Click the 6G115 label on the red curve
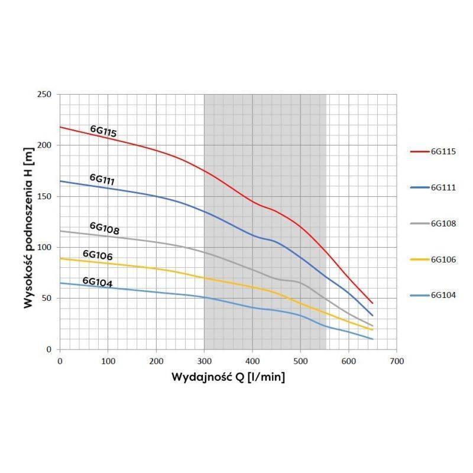tap(103, 131)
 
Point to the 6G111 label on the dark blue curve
tap(102, 179)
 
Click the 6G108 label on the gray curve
tap(104, 228)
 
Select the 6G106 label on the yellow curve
tap(98, 255)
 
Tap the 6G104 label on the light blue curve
tap(98, 282)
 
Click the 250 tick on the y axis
tap(45, 95)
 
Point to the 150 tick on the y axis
tap(45, 196)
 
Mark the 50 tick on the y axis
tap(47, 299)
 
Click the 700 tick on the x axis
tap(397, 361)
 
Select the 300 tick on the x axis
tap(204, 361)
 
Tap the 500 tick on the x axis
tap(300, 361)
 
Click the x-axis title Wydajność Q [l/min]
tap(228, 377)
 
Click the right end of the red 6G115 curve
tap(372, 303)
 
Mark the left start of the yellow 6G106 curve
tap(60, 258)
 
